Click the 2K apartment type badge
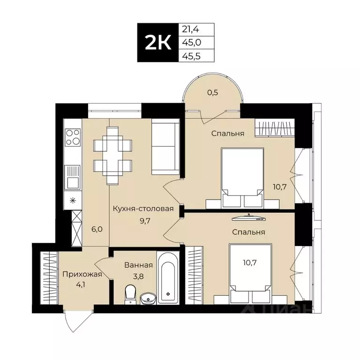coord(158,43)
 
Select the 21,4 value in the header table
coord(191,30)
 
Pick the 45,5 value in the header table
coord(191,56)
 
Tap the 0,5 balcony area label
coord(213,92)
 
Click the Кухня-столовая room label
coord(143,209)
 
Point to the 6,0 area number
coord(97,229)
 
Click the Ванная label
coord(139,265)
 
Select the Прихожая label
coord(82,274)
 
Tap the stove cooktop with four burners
coord(73,137)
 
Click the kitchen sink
coord(73,178)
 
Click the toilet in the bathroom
coord(130,294)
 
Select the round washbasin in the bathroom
coord(148,299)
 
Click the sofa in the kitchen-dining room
coord(165,148)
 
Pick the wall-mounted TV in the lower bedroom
coord(249,218)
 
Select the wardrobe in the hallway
coord(49,278)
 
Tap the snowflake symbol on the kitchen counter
coord(73,201)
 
